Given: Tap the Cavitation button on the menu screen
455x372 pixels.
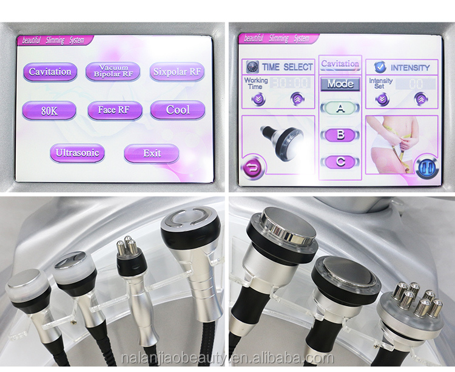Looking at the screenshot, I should pos(50,72).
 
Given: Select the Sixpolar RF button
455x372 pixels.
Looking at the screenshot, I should pos(177,72).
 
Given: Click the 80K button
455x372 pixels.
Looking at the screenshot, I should pos(49,110).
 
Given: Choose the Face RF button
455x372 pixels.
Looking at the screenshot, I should pos(115,110).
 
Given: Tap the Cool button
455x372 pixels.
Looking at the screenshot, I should pos(178,110).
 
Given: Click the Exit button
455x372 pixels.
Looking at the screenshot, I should pos(152,154).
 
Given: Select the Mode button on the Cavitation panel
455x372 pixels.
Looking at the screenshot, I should pos(340,84).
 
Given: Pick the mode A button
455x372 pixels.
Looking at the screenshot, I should pos(340,108).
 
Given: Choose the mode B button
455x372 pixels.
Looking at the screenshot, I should pos(340,135).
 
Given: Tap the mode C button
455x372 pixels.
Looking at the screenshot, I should pos(340,161).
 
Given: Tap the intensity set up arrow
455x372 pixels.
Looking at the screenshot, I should pos(419,99).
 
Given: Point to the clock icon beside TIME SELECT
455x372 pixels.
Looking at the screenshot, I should pos(252,67).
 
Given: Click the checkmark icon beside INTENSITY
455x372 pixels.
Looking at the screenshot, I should pos(380,67).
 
